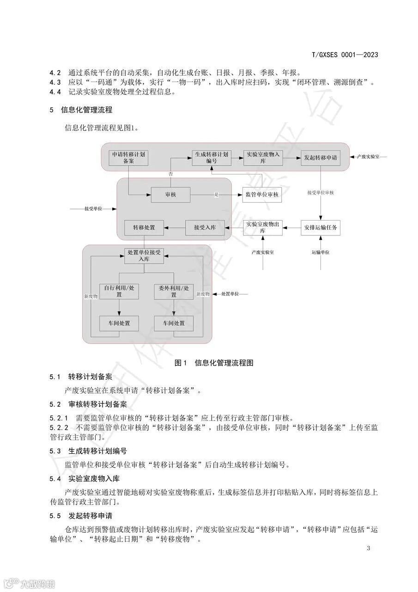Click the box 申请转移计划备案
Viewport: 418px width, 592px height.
pos(128,158)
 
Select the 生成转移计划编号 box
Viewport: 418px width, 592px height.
pos(212,158)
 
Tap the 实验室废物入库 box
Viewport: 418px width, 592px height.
pos(263,158)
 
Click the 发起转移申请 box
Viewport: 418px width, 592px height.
pos(320,158)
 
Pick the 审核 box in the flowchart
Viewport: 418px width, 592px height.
pos(170,195)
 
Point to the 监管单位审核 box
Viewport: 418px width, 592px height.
pos(262,195)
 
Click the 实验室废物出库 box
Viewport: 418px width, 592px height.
pos(263,228)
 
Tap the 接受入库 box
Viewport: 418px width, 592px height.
pos(205,228)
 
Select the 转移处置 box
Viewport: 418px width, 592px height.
pos(144,228)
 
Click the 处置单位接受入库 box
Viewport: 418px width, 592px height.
pos(144,256)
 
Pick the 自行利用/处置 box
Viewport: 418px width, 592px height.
pos(119,291)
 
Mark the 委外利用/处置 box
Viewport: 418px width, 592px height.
pos(174,291)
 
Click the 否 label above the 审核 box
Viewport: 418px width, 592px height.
pos(171,173)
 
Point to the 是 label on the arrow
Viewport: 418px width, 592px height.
pos(216,195)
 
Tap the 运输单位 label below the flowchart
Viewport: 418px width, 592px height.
pos(321,253)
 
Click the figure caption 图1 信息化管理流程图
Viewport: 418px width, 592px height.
pos(214,363)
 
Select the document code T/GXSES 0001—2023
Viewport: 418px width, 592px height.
pos(345,55)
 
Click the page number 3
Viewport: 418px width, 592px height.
pos(368,549)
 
